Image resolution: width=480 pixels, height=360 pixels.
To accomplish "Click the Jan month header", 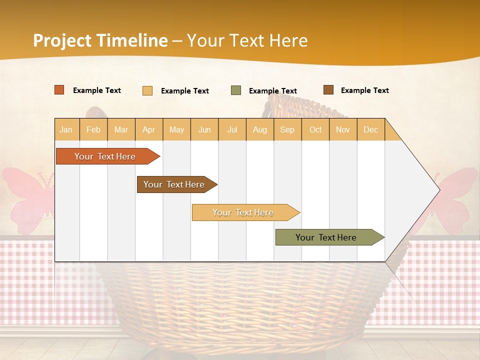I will coord(66,129).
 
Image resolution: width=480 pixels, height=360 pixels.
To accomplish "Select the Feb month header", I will coord(93,129).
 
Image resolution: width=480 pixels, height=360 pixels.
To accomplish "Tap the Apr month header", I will coord(148,129).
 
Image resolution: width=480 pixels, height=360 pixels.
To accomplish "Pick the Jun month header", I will coord(204,129).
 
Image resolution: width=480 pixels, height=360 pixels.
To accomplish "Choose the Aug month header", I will coord(259,129).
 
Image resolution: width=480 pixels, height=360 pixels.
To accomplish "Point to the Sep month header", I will coord(287,129).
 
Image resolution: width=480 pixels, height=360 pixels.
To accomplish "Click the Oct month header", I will coord(315,129).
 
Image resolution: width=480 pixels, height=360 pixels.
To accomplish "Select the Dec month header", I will coord(370,129).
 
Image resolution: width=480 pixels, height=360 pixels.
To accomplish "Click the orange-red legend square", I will coord(59,90).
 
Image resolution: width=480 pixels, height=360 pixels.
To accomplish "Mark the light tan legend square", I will coord(147,90).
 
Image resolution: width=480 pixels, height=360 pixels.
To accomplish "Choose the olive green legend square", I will coord(236,90).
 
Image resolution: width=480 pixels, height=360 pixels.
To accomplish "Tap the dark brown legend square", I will coord(328,90).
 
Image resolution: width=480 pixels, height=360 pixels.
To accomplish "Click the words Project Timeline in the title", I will coord(100,40).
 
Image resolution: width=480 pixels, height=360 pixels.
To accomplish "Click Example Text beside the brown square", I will coord(364,90).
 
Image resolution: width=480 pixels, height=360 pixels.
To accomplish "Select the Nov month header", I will coord(342,129).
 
